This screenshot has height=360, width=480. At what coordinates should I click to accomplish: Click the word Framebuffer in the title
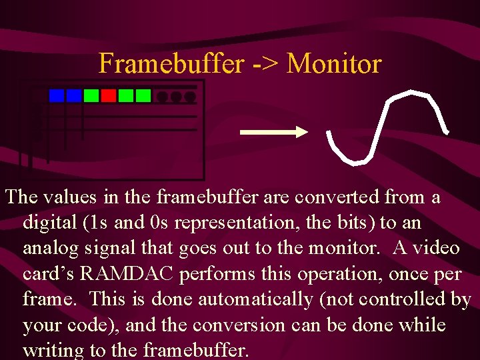tap(172, 64)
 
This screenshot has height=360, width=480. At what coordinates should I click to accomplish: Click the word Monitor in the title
tap(335, 64)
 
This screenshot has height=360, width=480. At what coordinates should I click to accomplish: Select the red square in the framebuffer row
tap(109, 96)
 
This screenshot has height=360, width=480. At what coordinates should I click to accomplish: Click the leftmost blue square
tap(57, 96)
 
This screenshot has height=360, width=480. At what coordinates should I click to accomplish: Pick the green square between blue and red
tap(91, 96)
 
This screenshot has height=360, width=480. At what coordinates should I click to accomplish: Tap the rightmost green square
tap(143, 96)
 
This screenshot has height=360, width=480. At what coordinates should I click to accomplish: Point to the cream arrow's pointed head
tap(302, 132)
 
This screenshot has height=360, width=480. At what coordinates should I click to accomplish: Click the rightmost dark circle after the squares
tap(190, 97)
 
